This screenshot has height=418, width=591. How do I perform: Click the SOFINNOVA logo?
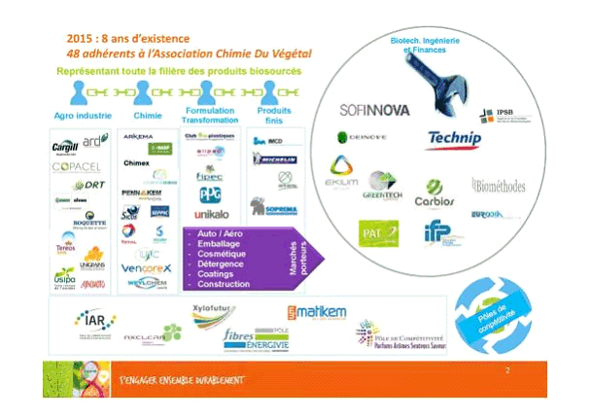[x=374, y=109]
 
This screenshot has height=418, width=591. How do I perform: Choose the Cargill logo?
[x=66, y=147]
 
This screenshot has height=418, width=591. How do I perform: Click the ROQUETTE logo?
[x=88, y=223]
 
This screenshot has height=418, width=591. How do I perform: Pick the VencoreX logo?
[x=147, y=267]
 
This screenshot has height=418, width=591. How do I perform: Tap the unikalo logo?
[x=211, y=213]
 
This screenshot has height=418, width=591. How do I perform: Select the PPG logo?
[x=211, y=193]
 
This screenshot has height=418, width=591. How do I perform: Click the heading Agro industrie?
[x=80, y=116]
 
